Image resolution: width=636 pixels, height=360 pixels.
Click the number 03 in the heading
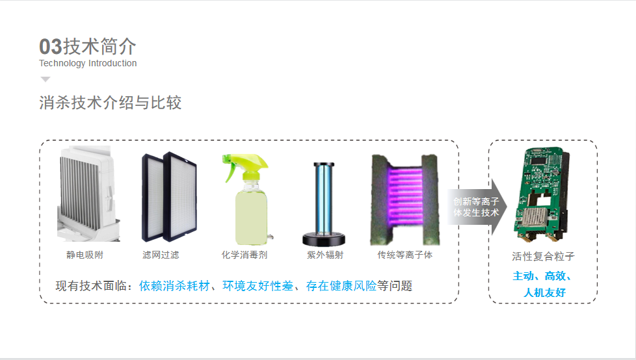pos(50,47)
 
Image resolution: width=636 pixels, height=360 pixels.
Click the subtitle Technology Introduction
pos(88,64)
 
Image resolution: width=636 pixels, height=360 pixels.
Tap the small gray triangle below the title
pos(45,79)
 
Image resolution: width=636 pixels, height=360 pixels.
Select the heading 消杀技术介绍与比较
pos(111,103)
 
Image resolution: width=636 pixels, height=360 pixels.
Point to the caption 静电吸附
pos(85,255)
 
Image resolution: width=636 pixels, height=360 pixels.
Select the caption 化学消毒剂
pos(245,255)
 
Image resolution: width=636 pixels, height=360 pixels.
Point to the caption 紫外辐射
pos(325,255)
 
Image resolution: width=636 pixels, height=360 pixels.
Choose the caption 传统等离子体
pos(404,255)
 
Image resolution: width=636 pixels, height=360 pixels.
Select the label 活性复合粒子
pos(543,257)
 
